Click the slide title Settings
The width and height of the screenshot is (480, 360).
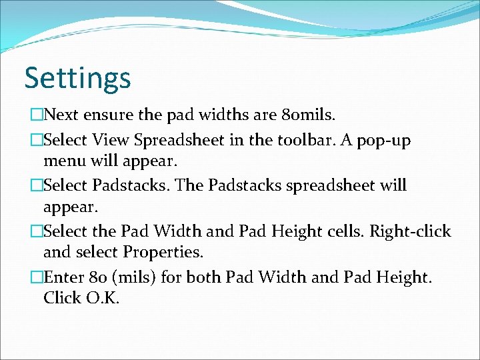tap(77, 79)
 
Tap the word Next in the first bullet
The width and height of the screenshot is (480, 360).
tap(63, 115)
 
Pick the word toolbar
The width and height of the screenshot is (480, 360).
tap(312, 141)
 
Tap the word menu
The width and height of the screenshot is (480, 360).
tap(64, 161)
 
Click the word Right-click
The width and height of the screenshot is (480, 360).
tap(410, 231)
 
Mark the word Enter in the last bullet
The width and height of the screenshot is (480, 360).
tap(63, 277)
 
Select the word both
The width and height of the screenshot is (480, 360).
tap(206, 277)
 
